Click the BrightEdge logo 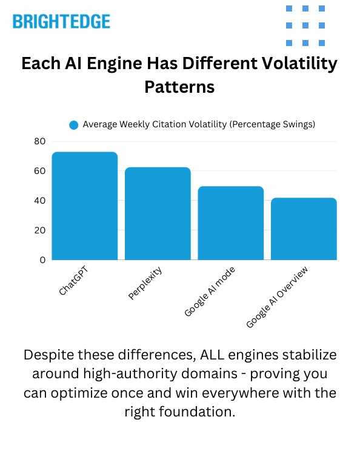pyautogui.click(x=61, y=22)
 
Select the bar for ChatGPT pyautogui.click(x=85, y=206)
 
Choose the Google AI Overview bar pyautogui.click(x=304, y=229)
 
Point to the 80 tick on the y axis pyautogui.click(x=39, y=141)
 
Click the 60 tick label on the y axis pyautogui.click(x=39, y=171)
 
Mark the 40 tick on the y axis pyautogui.click(x=39, y=201)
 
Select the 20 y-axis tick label pyautogui.click(x=39, y=230)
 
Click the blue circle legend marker pyautogui.click(x=74, y=125)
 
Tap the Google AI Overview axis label pyautogui.click(x=278, y=297)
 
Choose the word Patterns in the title pyautogui.click(x=179, y=87)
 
